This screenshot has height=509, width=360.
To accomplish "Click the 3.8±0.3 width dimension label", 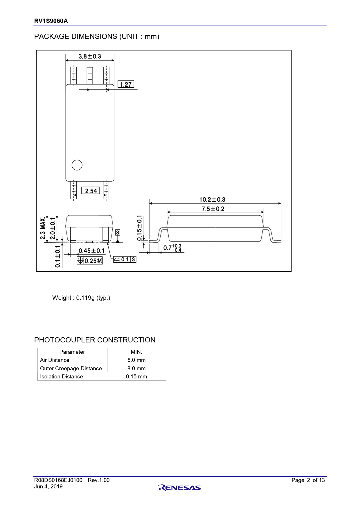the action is pos(90,56).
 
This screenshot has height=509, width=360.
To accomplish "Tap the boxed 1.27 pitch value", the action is pos(126,84).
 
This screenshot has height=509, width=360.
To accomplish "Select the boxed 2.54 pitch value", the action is pos(91,191).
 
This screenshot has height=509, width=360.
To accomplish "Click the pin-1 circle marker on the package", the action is pos(77,165).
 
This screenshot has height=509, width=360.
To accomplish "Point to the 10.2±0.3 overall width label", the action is pos(212,200).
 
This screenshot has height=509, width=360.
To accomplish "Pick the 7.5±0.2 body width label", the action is pos(213,209).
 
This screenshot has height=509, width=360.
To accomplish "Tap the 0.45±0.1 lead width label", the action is pos(92,251).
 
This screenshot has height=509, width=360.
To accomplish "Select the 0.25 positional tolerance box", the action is pos(90,261).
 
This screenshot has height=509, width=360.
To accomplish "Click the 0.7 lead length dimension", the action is pos(172,248).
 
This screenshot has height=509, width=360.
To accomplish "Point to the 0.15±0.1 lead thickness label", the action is pos(139,228).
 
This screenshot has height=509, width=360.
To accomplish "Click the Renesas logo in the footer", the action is pos(180,488).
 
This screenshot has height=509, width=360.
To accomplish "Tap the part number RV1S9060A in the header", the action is pos(51,21).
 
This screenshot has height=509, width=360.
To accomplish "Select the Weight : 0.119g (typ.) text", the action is pos(81,298).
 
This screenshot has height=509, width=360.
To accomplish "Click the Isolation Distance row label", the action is pos(62,376).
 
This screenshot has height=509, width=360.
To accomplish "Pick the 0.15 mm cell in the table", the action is pos(136,376).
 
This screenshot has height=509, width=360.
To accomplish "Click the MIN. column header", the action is pos(136,352).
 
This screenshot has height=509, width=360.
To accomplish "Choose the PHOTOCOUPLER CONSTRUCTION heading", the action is pos(95,340).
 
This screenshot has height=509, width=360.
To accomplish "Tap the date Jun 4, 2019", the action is pos(48,487).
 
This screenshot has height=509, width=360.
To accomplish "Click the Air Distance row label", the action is pos(55,360).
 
